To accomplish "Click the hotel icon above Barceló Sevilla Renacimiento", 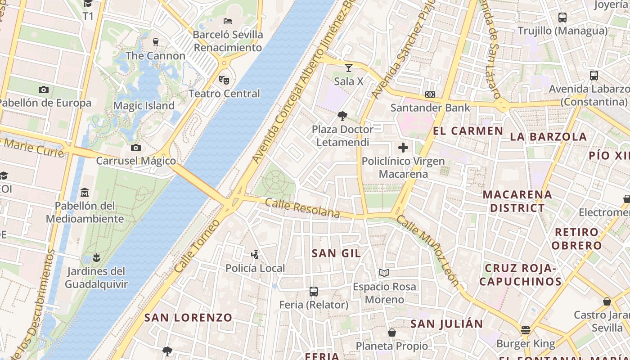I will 228,21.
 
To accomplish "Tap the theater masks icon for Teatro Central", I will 224,80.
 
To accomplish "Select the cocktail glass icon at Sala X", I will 348,68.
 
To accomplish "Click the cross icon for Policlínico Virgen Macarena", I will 403,147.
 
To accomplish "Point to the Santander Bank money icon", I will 430,94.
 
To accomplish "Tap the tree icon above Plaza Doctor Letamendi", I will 342,116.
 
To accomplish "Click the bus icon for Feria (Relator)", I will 314,292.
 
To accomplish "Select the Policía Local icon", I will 255,255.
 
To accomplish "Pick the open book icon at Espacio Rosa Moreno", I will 384,273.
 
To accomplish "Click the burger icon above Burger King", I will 525,330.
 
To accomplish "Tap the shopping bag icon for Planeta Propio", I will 392,333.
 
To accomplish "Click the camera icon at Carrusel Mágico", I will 135,148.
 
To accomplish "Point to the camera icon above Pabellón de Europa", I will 44,90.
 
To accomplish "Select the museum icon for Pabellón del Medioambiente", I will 84,193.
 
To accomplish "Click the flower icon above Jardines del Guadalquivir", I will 95,258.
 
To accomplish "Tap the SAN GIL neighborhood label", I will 336,253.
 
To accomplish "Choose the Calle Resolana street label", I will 302,208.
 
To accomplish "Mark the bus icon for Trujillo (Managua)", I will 562,18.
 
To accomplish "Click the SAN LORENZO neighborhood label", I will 188,318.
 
